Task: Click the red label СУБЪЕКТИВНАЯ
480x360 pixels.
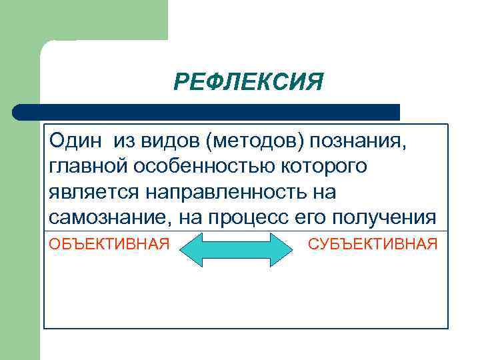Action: (x=373, y=244)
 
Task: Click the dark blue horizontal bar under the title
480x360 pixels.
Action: (x=207, y=112)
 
